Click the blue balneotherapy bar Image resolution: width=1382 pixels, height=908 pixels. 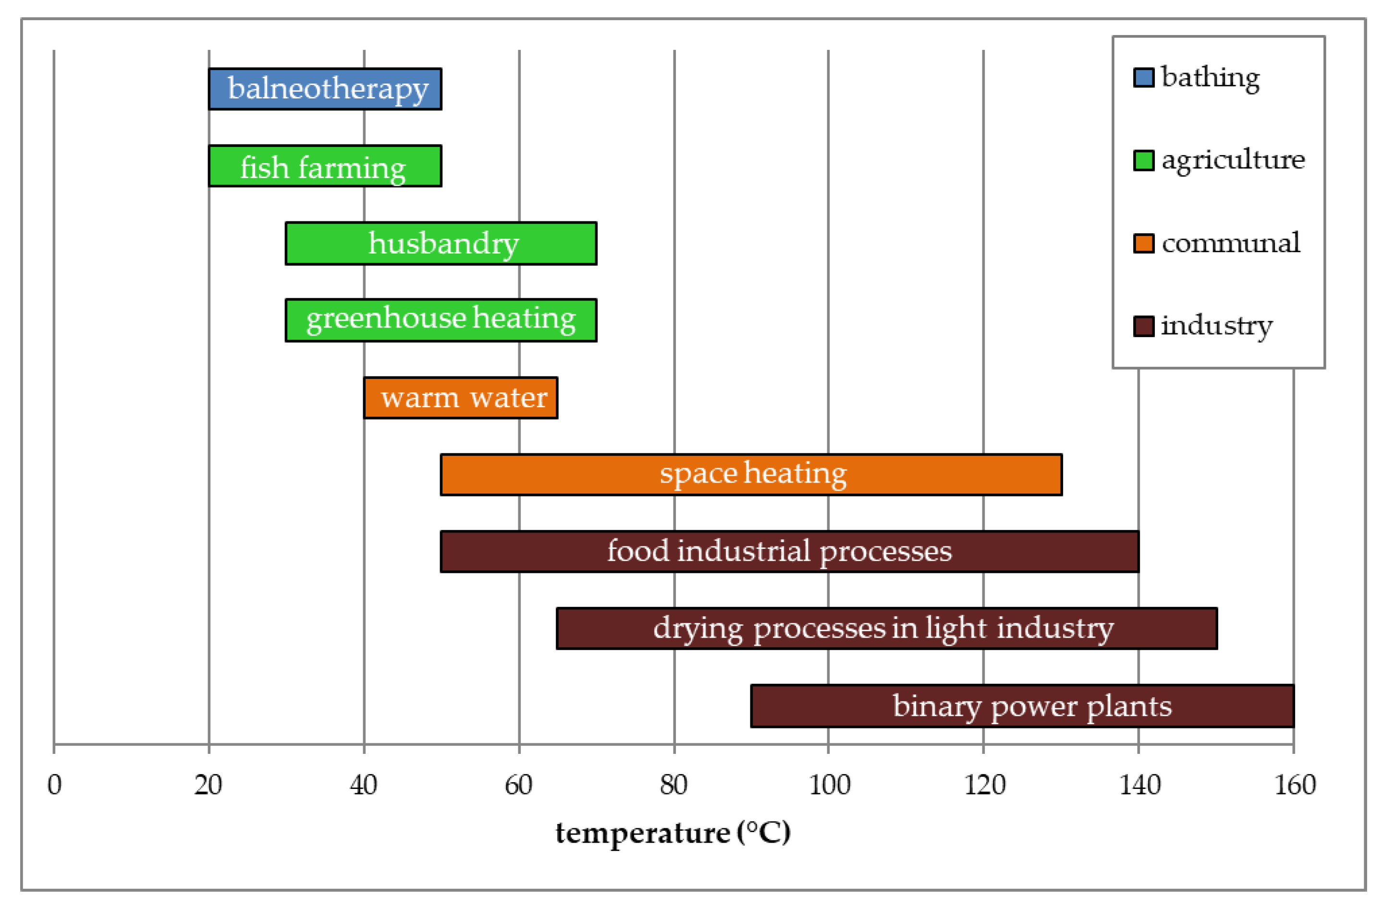pyautogui.click(x=325, y=89)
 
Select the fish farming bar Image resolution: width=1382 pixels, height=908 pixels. pyautogui.click(x=325, y=166)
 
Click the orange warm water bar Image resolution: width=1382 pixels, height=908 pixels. pyautogui.click(x=461, y=398)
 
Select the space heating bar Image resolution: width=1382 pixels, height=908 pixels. pyautogui.click(x=751, y=474)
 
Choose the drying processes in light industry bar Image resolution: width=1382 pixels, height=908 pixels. pyautogui.click(x=887, y=628)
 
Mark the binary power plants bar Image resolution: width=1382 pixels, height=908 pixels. pyautogui.click(x=1022, y=706)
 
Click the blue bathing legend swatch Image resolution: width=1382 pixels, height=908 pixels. pyautogui.click(x=1143, y=78)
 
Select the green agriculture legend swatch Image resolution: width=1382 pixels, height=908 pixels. pyautogui.click(x=1143, y=160)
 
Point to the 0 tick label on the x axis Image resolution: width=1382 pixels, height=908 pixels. pyautogui.click(x=55, y=786)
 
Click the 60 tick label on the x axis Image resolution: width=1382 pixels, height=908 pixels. pyautogui.click(x=518, y=786)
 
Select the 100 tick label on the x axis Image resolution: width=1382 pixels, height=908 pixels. pyautogui.click(x=829, y=786)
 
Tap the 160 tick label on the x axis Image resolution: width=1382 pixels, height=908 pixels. pyautogui.click(x=1294, y=786)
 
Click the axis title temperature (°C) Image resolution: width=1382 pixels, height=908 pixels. pyautogui.click(x=673, y=834)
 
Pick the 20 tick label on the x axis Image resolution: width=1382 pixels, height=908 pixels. pyautogui.click(x=208, y=786)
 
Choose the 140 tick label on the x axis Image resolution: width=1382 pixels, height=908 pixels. pyautogui.click(x=1139, y=786)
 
